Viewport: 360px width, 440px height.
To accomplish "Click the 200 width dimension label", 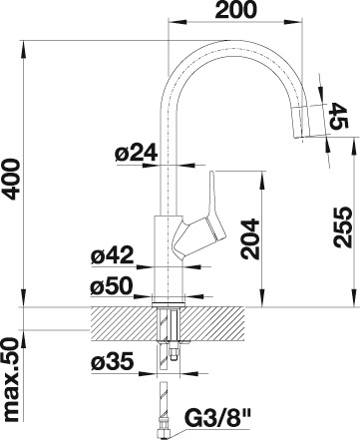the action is coord(236,10).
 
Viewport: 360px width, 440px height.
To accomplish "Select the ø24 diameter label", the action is coord(136,154).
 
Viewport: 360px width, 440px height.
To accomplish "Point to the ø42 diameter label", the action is coord(112,255).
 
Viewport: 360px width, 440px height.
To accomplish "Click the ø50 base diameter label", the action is coord(112,286).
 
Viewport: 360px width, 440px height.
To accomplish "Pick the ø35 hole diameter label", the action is coord(112,361).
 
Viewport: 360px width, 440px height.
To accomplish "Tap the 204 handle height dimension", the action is coord(250,238).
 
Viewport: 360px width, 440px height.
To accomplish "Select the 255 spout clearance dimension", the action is coord(343,227).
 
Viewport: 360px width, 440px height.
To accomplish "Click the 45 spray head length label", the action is coord(339,116).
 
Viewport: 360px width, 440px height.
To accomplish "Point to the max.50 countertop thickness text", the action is coord(12,379).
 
